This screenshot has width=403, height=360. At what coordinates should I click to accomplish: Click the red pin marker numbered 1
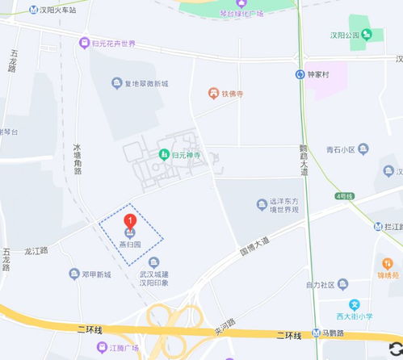pyautogui.click(x=128, y=221)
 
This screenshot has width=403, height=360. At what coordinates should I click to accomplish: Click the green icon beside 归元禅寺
pyautogui.click(x=164, y=154)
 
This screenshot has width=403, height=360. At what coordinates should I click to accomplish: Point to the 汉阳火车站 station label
pyautogui.click(x=57, y=10)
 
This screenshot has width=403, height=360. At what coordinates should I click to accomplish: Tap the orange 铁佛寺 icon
pyautogui.click(x=213, y=94)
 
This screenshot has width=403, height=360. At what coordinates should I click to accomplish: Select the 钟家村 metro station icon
pyautogui.click(x=300, y=75)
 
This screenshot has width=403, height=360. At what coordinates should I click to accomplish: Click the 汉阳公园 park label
pyautogui.click(x=342, y=35)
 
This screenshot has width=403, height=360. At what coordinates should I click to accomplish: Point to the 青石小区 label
pyautogui.click(x=340, y=149)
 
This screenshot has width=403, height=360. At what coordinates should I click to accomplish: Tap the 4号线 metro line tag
pyautogui.click(x=345, y=196)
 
